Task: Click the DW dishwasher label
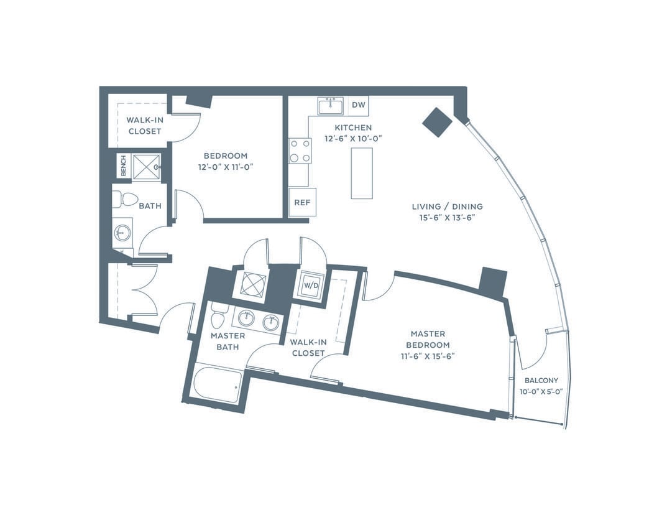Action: click(358, 105)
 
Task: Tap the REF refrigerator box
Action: click(302, 202)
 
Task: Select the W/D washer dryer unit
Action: click(311, 285)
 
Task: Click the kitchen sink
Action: click(331, 106)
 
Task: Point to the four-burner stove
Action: click(300, 151)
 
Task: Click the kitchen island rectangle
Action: click(362, 173)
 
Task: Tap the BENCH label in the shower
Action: click(123, 165)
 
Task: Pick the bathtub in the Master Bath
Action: click(215, 384)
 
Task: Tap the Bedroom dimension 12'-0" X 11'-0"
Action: click(226, 167)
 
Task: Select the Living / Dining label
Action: click(447, 207)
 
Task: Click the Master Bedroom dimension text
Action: click(428, 356)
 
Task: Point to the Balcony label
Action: click(541, 380)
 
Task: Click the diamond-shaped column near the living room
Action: click(438, 122)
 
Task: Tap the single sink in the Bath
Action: click(122, 232)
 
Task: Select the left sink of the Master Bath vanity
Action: click(246, 318)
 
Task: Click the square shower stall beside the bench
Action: click(146, 167)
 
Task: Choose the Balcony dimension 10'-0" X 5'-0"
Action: click(541, 391)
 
